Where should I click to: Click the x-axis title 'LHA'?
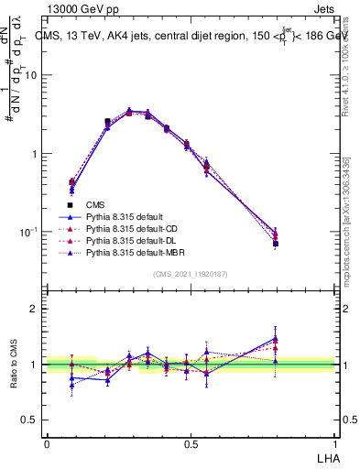pyautogui.click(x=326, y=455)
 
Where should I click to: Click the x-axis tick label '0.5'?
pyautogui.click(x=191, y=442)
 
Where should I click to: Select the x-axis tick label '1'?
pyautogui.click(x=334, y=442)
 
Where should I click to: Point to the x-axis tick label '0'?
pyautogui.click(x=47, y=442)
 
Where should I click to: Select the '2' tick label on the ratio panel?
pyautogui.click(x=34, y=310)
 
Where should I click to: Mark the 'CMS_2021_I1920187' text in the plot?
pyautogui.click(x=191, y=273)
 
